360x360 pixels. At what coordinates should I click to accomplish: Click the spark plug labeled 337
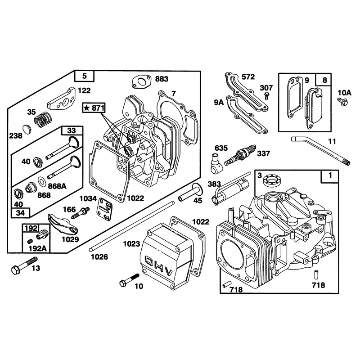240,155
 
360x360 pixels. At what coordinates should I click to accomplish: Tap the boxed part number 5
85,76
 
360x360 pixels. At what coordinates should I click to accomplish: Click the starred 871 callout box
94,108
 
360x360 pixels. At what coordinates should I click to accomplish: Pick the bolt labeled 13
24,265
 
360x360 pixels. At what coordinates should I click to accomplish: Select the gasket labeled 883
141,81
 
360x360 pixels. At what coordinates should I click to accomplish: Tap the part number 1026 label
99,257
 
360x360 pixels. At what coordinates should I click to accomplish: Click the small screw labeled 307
266,95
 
